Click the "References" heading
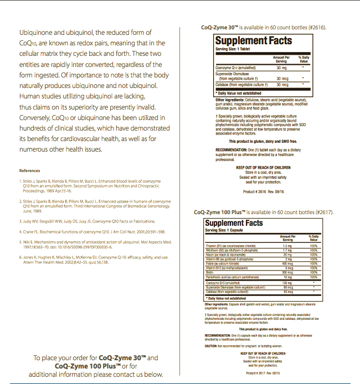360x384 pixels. [x=29, y=170]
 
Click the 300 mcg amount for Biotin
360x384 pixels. [x=287, y=272]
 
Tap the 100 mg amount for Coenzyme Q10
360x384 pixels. [x=287, y=283]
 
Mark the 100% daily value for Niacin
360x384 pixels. [x=314, y=254]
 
